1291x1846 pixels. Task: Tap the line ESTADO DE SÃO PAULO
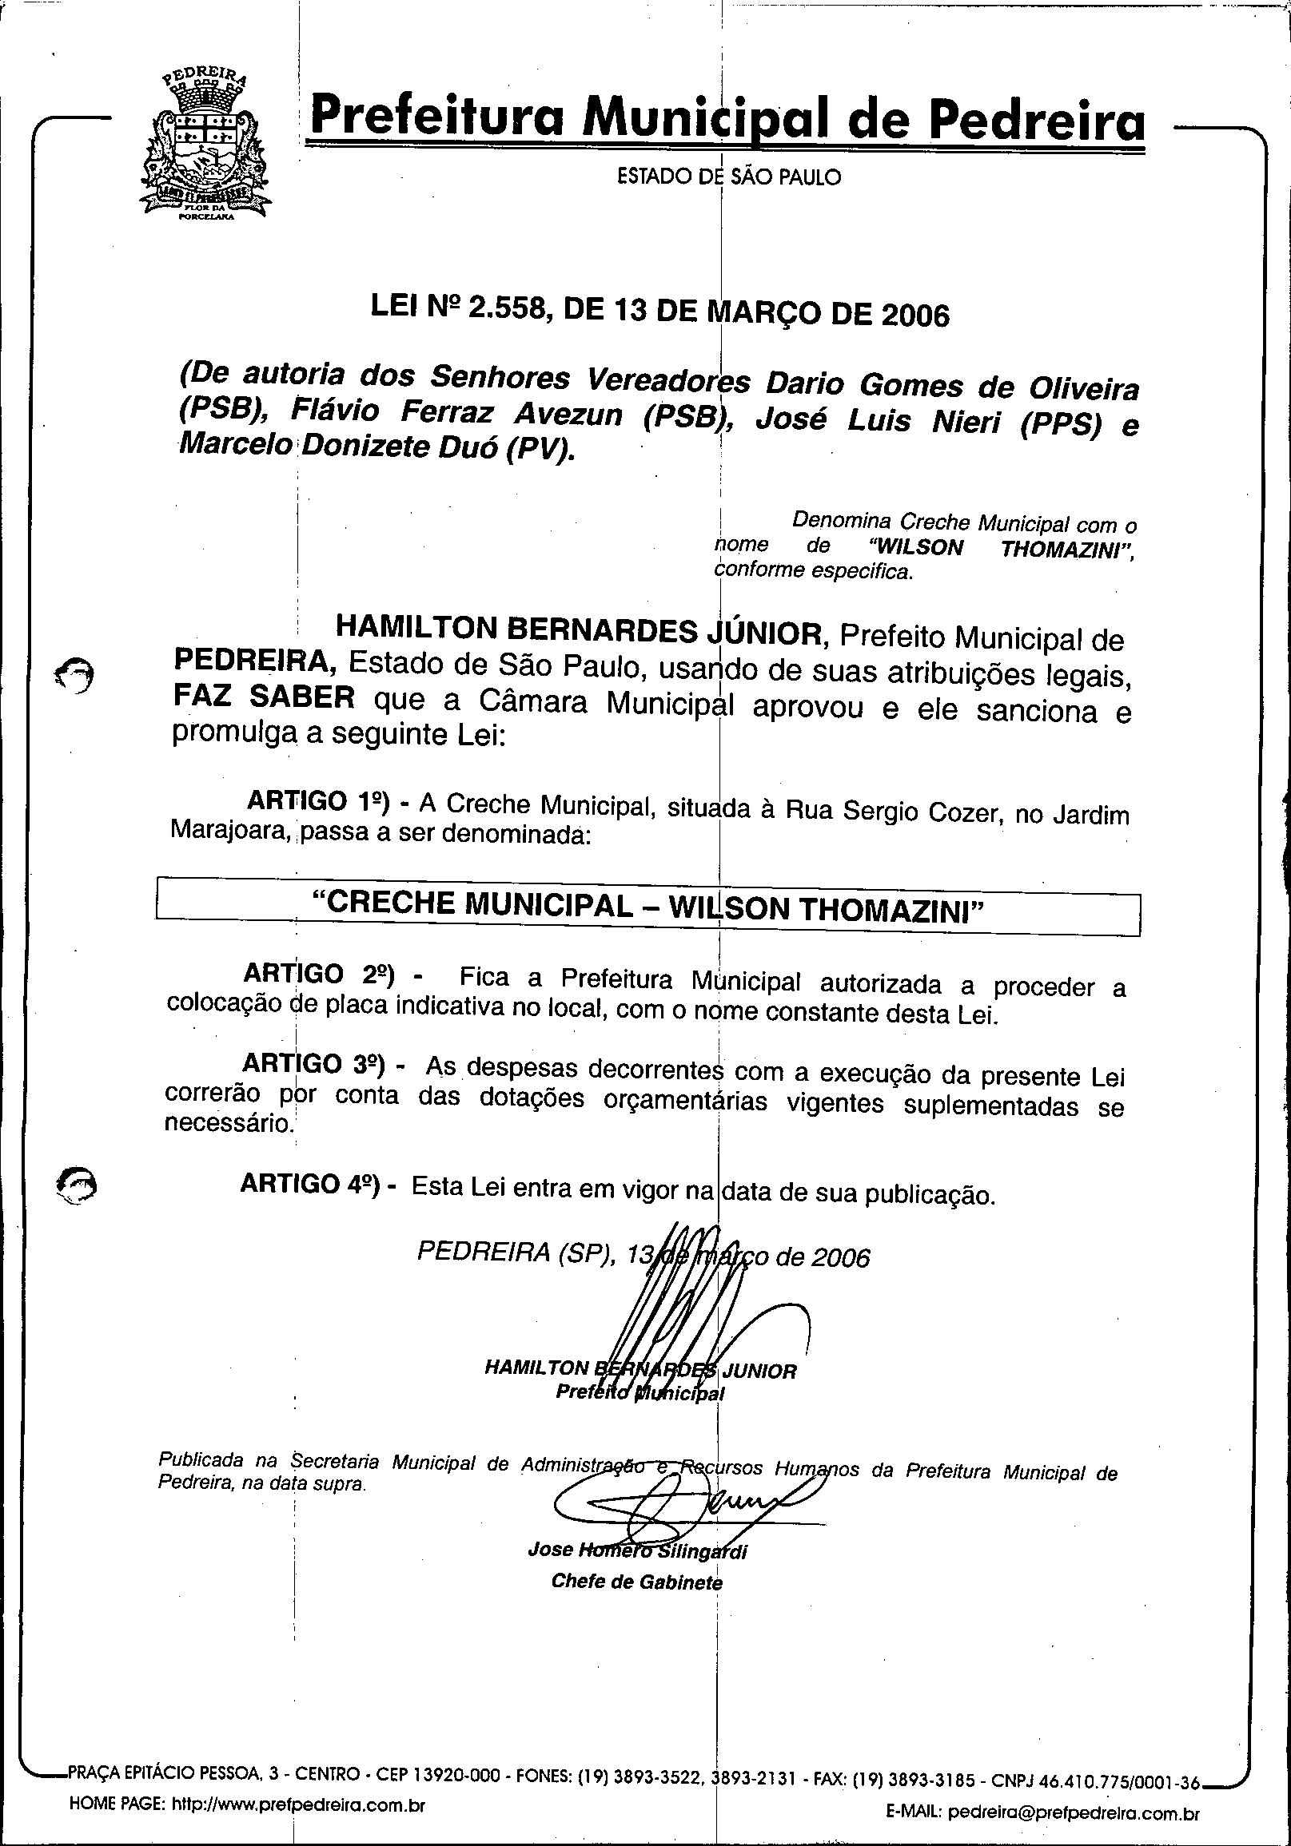click(x=728, y=176)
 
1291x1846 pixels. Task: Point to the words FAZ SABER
click(x=264, y=698)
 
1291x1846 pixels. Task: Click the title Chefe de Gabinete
click(x=636, y=1582)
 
